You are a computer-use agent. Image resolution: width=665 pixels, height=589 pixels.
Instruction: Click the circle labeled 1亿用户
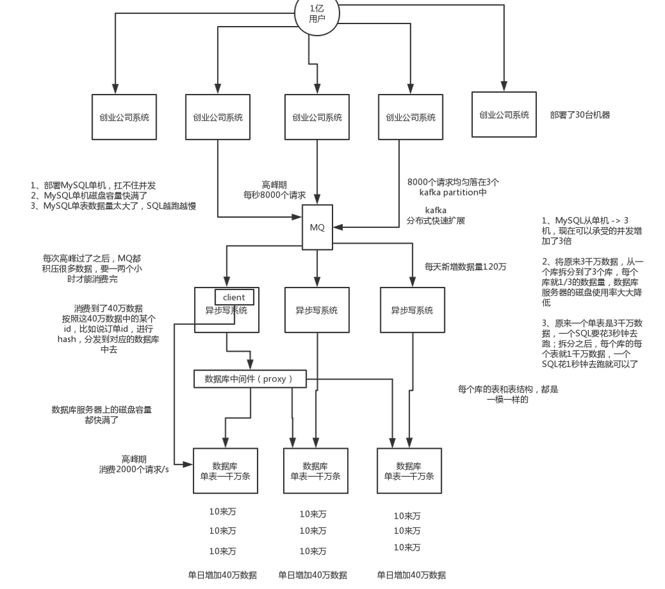[x=317, y=13]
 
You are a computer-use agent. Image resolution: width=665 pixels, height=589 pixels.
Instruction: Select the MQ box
[x=317, y=227]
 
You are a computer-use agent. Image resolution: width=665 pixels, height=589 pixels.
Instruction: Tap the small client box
[x=234, y=296]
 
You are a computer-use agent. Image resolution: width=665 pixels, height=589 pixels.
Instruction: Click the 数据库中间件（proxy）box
[x=250, y=379]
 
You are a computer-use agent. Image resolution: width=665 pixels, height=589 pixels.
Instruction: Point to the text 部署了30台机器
[x=580, y=115]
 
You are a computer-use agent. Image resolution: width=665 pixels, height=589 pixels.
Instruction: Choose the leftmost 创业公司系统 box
[x=124, y=117]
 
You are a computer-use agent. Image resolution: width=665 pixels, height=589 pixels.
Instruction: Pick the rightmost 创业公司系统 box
[x=504, y=115]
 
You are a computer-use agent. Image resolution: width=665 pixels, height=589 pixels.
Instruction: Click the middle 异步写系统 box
[x=317, y=310]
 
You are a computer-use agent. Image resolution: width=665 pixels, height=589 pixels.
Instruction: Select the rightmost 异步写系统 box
[x=412, y=310]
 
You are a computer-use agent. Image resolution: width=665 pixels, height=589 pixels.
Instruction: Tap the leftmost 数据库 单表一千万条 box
[x=225, y=470]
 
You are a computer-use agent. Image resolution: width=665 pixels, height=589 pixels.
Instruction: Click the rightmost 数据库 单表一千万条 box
[x=409, y=470]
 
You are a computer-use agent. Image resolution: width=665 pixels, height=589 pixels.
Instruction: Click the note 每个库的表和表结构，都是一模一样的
[x=508, y=394]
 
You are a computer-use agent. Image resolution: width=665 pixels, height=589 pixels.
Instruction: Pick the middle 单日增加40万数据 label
[x=313, y=575]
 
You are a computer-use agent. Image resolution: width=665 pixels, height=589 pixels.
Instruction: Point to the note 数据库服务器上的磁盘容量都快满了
[x=102, y=415]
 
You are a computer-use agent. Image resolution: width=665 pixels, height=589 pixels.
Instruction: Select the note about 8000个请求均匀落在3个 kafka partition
[x=447, y=187]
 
